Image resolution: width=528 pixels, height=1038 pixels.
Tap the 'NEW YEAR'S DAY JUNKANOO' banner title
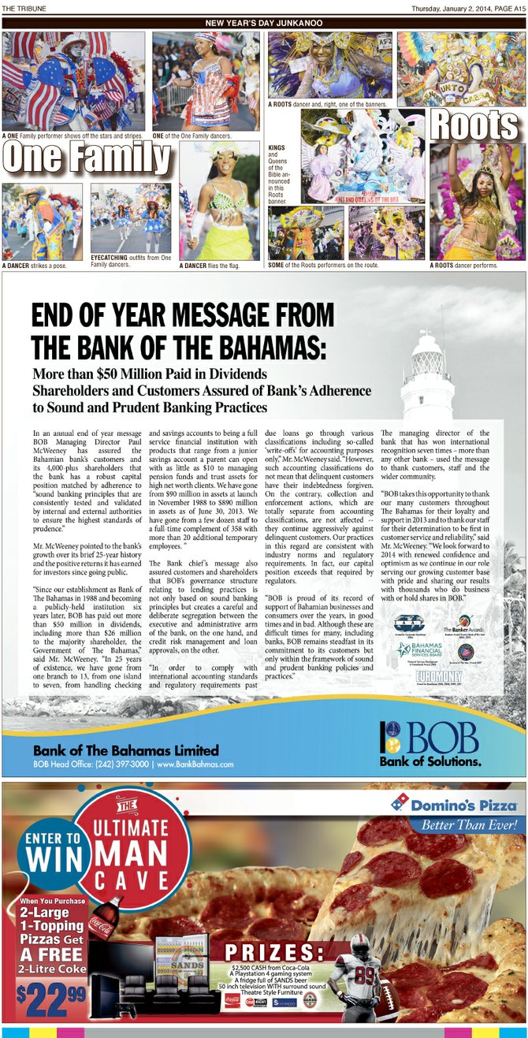(x=263, y=24)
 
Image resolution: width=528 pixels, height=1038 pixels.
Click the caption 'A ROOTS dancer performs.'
(x=464, y=266)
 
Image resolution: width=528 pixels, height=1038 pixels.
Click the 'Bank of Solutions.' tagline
(x=430, y=761)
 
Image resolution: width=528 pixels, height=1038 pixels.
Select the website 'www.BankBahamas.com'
(x=195, y=765)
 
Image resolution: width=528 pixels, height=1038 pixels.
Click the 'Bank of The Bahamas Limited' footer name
(x=126, y=750)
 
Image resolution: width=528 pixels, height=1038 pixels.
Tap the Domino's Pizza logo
(x=454, y=805)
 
